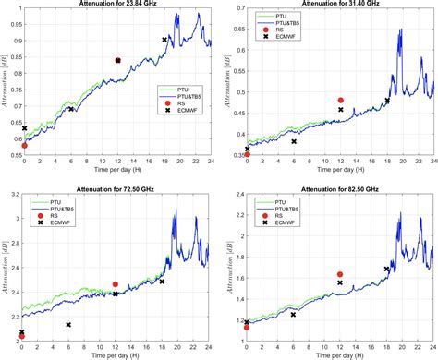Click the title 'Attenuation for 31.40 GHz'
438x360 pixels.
point(339,6)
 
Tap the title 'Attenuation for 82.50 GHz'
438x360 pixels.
point(339,187)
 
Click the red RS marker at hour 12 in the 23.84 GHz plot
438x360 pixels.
point(117,60)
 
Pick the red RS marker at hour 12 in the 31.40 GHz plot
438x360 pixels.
point(341,100)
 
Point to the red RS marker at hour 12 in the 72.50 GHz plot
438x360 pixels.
point(116,284)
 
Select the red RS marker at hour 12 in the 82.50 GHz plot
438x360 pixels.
point(340,274)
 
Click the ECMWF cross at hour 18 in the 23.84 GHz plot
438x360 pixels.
point(164,40)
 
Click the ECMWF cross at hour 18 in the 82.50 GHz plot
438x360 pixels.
point(387,269)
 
